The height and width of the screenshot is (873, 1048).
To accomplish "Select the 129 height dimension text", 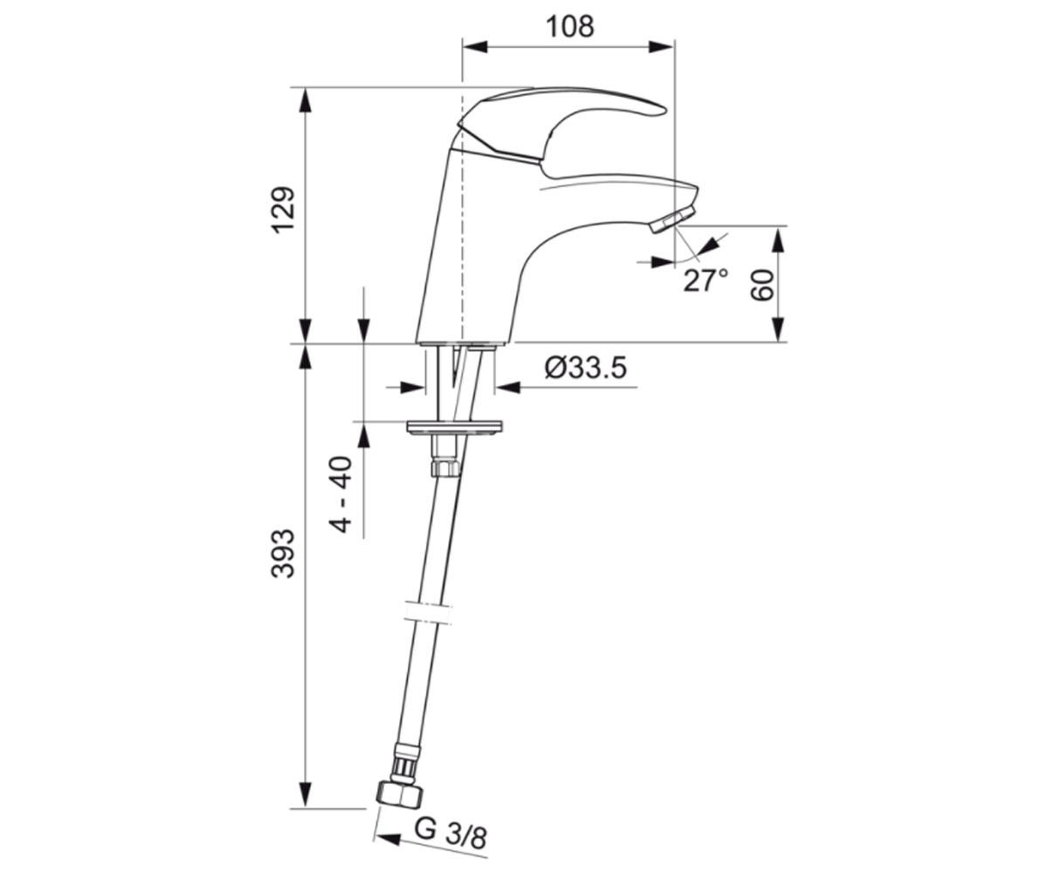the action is pyautogui.click(x=283, y=210).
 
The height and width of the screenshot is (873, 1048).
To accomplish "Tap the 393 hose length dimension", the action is pyautogui.click(x=283, y=553).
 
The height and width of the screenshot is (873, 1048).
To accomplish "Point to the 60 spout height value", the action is pyautogui.click(x=762, y=285).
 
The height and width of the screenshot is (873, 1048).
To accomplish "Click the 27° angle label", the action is pyautogui.click(x=705, y=280).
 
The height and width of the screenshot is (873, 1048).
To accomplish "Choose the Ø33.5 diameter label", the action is pyautogui.click(x=586, y=368).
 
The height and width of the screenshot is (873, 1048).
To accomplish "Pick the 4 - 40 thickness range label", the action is pyautogui.click(x=341, y=494).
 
